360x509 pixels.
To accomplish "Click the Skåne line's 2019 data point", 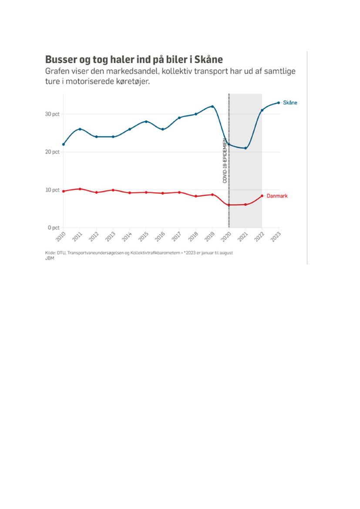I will (x=212, y=106).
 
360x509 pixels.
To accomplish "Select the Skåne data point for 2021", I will (x=246, y=148).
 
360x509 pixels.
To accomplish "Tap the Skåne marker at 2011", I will (x=80, y=129).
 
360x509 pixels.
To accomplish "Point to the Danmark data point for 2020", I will (x=229, y=205).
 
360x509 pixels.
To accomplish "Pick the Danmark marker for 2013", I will (x=113, y=190).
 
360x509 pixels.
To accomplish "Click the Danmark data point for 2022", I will (x=262, y=196).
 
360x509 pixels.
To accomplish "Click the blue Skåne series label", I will (x=290, y=103).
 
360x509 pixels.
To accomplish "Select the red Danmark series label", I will (x=277, y=196).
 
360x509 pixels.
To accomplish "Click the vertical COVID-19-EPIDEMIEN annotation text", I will (x=225, y=161).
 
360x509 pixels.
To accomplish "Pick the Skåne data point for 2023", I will (x=279, y=103).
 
